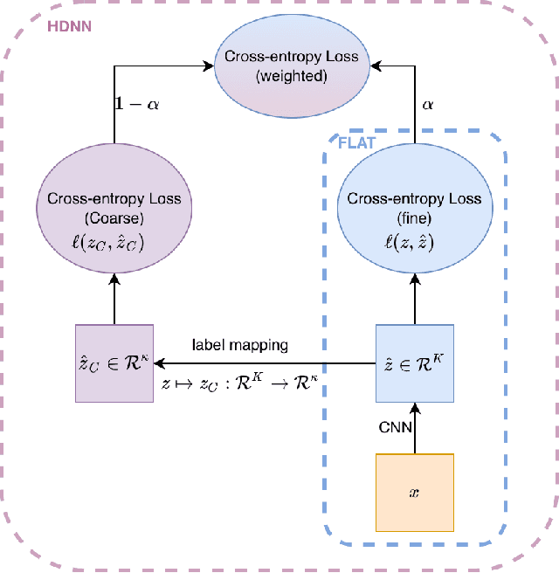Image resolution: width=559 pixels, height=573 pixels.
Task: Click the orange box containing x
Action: (x=414, y=493)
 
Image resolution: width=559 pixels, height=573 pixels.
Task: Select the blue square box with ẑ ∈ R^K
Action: (x=414, y=363)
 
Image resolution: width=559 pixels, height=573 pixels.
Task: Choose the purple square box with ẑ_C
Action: (x=114, y=363)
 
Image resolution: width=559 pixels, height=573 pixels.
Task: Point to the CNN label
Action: (x=391, y=427)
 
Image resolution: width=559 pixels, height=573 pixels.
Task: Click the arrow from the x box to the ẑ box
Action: (x=414, y=428)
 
